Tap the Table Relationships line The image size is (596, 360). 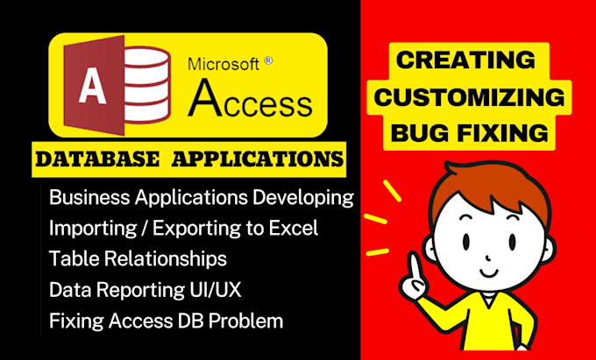[138, 258]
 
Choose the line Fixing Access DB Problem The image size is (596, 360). [167, 321]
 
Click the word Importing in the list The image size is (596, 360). [88, 228]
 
